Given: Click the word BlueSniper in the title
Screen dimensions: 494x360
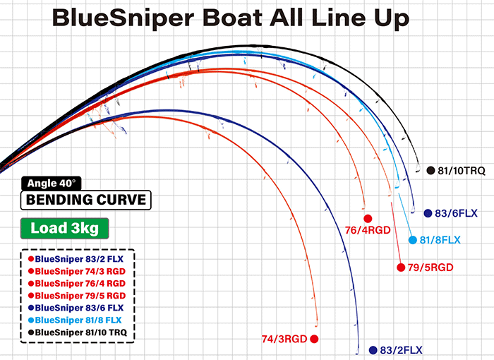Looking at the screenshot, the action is point(123,18).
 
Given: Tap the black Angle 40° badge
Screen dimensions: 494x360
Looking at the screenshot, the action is point(52,183).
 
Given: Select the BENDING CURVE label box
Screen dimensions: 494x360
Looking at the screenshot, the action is point(85,200).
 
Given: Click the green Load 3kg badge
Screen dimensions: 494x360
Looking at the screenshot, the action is point(65,228).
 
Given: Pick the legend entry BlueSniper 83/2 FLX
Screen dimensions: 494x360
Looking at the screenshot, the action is point(76,259).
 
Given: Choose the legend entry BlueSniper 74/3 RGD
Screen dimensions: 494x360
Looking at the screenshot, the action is point(77,271).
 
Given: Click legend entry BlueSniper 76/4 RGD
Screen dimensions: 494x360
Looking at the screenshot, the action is point(77,283).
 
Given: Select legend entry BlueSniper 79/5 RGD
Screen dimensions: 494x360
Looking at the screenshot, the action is point(77,296).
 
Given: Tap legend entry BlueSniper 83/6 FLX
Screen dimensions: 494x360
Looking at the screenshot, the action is point(76,308).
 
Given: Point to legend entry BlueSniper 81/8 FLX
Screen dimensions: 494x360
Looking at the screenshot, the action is point(75,320).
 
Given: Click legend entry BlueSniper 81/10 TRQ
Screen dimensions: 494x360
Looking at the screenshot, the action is point(78,332).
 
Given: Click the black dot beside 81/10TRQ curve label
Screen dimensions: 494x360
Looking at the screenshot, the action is point(430,170).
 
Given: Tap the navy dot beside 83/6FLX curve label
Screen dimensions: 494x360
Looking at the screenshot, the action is point(428,213).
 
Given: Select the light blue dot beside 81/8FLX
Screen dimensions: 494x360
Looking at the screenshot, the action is point(413,240).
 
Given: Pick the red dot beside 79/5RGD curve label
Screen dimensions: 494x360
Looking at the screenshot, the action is point(401,268).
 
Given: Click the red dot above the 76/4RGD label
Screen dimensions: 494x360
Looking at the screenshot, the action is point(368,218).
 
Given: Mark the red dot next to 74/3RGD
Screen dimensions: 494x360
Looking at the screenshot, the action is point(314,339).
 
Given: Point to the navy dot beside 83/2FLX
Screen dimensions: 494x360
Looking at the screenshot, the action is point(373,350).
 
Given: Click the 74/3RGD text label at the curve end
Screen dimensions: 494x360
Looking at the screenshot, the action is point(284,339).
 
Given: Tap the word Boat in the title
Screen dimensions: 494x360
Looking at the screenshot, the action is point(232,18).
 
